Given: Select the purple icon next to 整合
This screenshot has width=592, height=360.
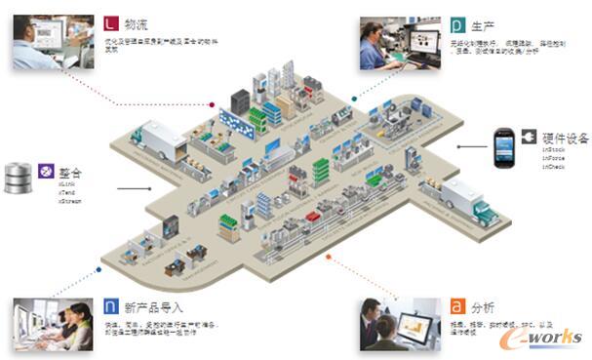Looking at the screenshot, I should point(45,171).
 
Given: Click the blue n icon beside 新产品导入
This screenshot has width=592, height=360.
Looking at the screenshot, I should point(112,307).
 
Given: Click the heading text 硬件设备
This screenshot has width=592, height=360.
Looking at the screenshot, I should point(563,139).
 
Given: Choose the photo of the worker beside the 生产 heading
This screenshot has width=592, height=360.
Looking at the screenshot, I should point(401,44).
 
